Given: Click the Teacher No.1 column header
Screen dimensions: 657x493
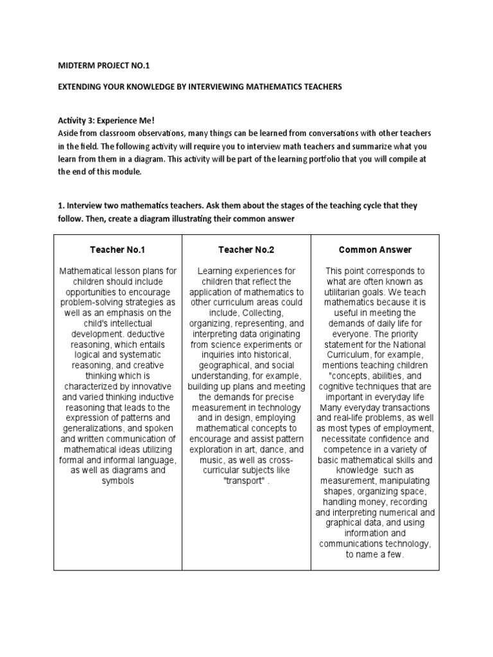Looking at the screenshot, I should pyautogui.click(x=117, y=250).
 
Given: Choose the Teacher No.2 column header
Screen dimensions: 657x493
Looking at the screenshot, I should pyautogui.click(x=246, y=250).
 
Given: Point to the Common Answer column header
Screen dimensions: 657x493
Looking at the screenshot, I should pyautogui.click(x=375, y=250).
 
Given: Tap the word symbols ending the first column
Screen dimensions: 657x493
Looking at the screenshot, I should pyautogui.click(x=117, y=481).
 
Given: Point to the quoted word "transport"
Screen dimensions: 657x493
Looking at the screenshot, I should pyautogui.click(x=244, y=481).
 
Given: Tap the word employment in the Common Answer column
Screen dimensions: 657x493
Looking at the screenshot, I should pyautogui.click(x=406, y=428).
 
